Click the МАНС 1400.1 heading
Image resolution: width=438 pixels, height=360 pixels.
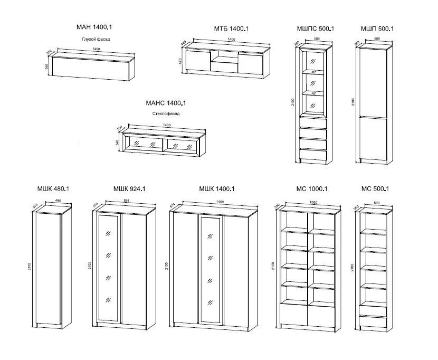tap(166, 103)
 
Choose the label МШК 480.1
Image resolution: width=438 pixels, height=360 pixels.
tap(53, 188)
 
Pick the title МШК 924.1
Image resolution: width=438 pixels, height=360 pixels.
tap(129, 188)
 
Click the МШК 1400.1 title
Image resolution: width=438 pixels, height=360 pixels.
tap(216, 188)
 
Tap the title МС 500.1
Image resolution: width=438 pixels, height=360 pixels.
tap(375, 188)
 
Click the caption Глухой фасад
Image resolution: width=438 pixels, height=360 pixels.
tap(96, 39)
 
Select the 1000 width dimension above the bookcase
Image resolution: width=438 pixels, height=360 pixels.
tap(313, 202)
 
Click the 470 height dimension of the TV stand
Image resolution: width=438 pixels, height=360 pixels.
tap(180, 61)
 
